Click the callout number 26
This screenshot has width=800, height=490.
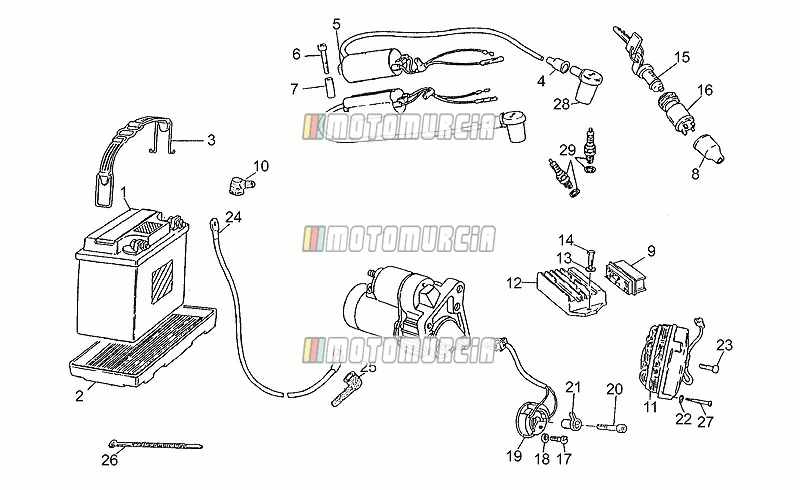tap(109, 460)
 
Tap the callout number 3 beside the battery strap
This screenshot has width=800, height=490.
tap(211, 140)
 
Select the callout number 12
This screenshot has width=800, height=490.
tap(514, 282)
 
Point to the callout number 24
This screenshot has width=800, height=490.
tap(233, 217)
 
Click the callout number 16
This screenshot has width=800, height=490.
tap(705, 90)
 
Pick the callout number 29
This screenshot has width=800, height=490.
tap(567, 150)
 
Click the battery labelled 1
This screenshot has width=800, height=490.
tap(133, 273)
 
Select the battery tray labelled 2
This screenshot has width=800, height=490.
tap(142, 346)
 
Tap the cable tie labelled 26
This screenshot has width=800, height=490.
tap(156, 445)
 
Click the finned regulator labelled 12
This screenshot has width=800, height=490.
tap(570, 291)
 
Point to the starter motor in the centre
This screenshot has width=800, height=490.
tap(406, 306)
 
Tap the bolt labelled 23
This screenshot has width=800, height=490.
tap(710, 365)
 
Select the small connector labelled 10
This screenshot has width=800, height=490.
tap(239, 184)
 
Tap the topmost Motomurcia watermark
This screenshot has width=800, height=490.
tap(398, 127)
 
